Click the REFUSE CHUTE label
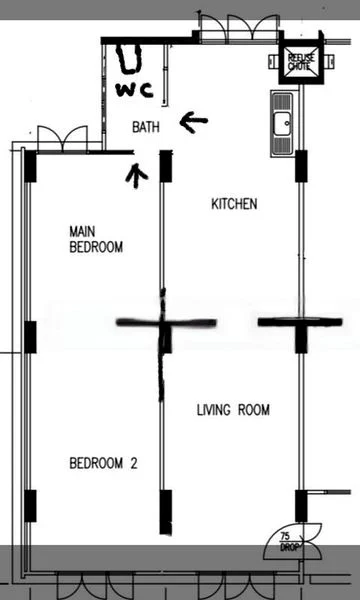(300, 61)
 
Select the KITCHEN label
(234, 204)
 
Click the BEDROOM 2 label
(103, 463)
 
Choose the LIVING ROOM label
(233, 410)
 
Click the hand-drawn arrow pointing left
(193, 122)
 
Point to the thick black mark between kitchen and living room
(166, 323)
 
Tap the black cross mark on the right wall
(299, 323)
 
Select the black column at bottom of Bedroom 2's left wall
(30, 505)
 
